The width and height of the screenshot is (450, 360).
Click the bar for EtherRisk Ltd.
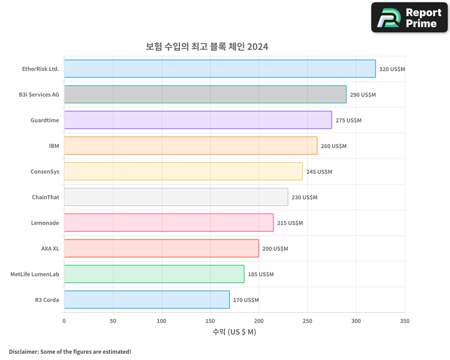click(220, 69)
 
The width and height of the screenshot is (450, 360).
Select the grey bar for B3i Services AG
click(205, 94)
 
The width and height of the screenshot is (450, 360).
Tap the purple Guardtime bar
click(198, 120)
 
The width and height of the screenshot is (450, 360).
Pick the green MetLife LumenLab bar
click(154, 274)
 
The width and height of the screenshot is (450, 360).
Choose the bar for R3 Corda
click(147, 300)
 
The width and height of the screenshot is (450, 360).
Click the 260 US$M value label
click(333, 146)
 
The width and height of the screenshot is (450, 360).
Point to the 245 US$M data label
click(319, 171)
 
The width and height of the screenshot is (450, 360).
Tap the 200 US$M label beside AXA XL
click(275, 248)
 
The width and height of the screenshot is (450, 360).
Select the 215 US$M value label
click(290, 223)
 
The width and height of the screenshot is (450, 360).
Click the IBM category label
click(54, 146)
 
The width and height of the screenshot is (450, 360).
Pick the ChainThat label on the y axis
click(45, 197)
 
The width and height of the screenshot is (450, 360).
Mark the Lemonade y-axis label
click(45, 223)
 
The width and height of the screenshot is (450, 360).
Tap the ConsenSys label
click(45, 171)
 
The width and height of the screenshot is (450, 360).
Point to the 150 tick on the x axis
click(210, 321)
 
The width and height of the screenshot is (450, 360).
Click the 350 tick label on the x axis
click(405, 321)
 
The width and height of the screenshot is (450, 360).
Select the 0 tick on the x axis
click(64, 321)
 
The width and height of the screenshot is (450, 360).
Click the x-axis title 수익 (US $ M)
click(234, 332)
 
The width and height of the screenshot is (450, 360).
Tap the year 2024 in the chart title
click(257, 46)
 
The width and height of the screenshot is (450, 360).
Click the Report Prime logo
click(409, 18)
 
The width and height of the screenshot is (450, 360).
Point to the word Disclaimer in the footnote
click(23, 351)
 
